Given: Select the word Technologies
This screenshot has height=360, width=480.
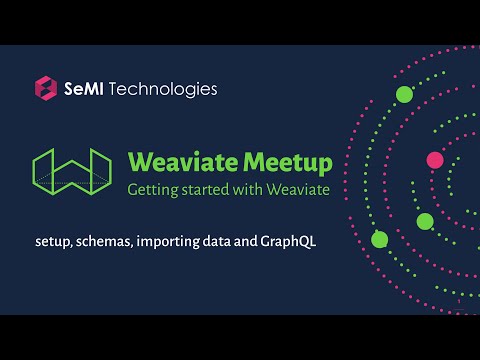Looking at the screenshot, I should coord(165,89).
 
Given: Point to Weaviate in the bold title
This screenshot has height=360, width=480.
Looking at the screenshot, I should coord(174,161).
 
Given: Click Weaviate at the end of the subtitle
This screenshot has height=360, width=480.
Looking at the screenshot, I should coord(295,190).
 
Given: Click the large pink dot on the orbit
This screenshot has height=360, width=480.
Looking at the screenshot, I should coord(435,159).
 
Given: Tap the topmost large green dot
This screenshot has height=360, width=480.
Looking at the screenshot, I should coord(405,95).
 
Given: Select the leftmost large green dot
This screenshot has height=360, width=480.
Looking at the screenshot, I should coord(379,239).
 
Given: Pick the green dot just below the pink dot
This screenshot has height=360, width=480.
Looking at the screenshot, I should coord(425,221).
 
